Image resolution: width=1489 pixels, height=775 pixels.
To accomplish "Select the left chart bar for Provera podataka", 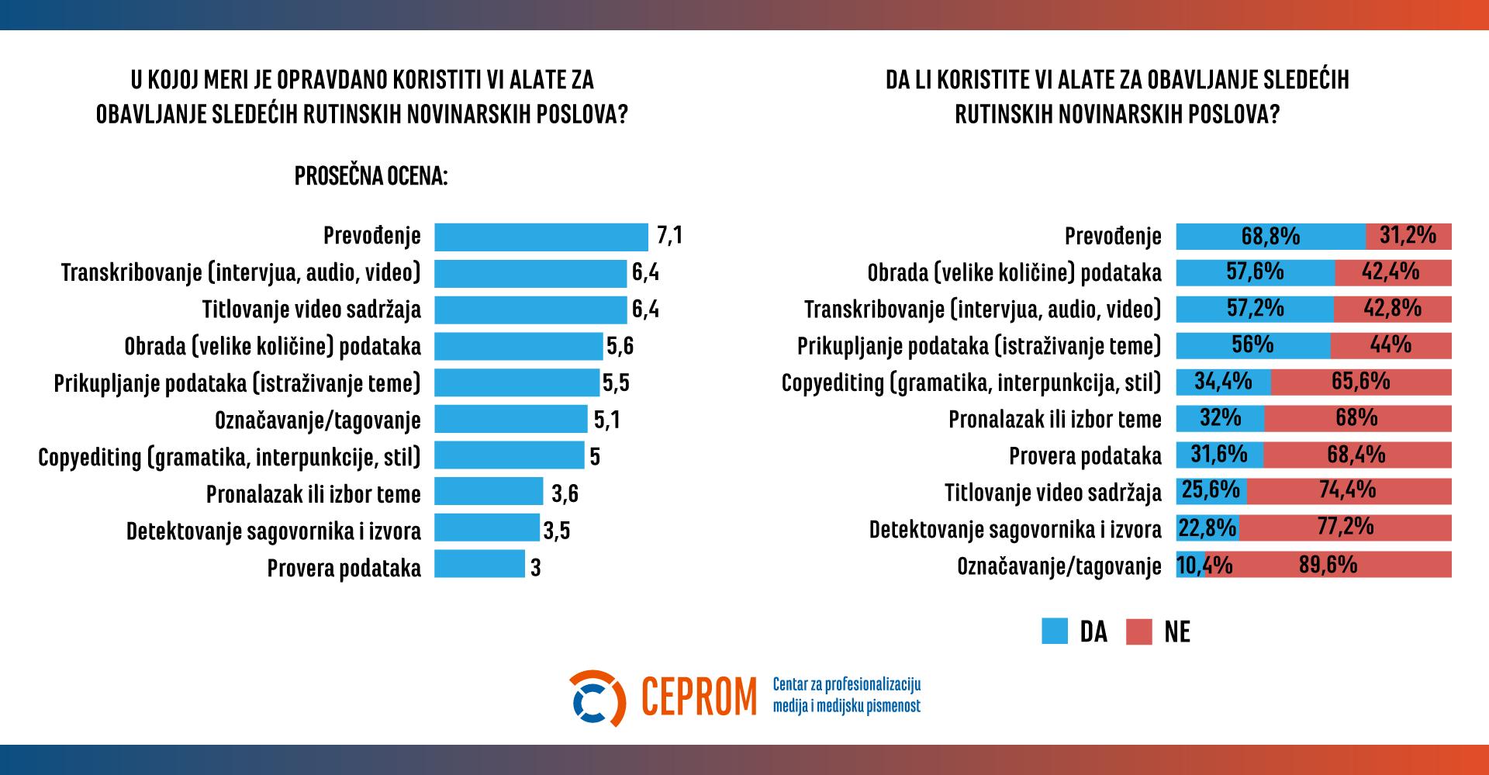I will coord(479,564).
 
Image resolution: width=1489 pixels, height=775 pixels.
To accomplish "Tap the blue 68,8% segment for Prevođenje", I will coord(1270,236).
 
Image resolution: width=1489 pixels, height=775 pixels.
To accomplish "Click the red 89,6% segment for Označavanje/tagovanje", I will coord(1328,564).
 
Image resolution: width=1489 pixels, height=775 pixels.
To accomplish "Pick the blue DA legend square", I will coord(1055,631).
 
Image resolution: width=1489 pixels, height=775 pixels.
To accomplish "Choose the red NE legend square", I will coord(1139,631).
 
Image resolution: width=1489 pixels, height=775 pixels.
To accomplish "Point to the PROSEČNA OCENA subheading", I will coord(371,176).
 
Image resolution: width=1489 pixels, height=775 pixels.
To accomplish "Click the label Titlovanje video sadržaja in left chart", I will coord(312,310).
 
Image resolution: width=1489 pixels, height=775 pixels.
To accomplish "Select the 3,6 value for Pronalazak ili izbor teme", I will coord(565,493).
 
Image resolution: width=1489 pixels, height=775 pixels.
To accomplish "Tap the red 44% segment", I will coord(1391,345).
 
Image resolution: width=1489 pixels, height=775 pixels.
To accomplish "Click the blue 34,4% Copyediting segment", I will coord(1224,382).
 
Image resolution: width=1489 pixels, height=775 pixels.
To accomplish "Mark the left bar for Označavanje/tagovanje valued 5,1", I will coord(510,419).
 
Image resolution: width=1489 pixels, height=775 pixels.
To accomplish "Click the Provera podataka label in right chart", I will coord(1085,456).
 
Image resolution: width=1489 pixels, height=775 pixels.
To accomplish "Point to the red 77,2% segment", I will coord(1345,528).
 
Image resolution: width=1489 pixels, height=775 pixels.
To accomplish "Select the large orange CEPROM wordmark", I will coord(699,697).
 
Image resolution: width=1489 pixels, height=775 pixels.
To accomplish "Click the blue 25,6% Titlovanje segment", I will coord(1211,491).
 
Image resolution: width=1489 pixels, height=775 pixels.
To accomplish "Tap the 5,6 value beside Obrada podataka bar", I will coord(620,346).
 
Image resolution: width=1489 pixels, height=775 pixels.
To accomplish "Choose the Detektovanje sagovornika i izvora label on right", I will coord(1015,530).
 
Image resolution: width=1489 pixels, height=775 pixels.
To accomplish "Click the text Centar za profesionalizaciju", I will coord(846,684).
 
